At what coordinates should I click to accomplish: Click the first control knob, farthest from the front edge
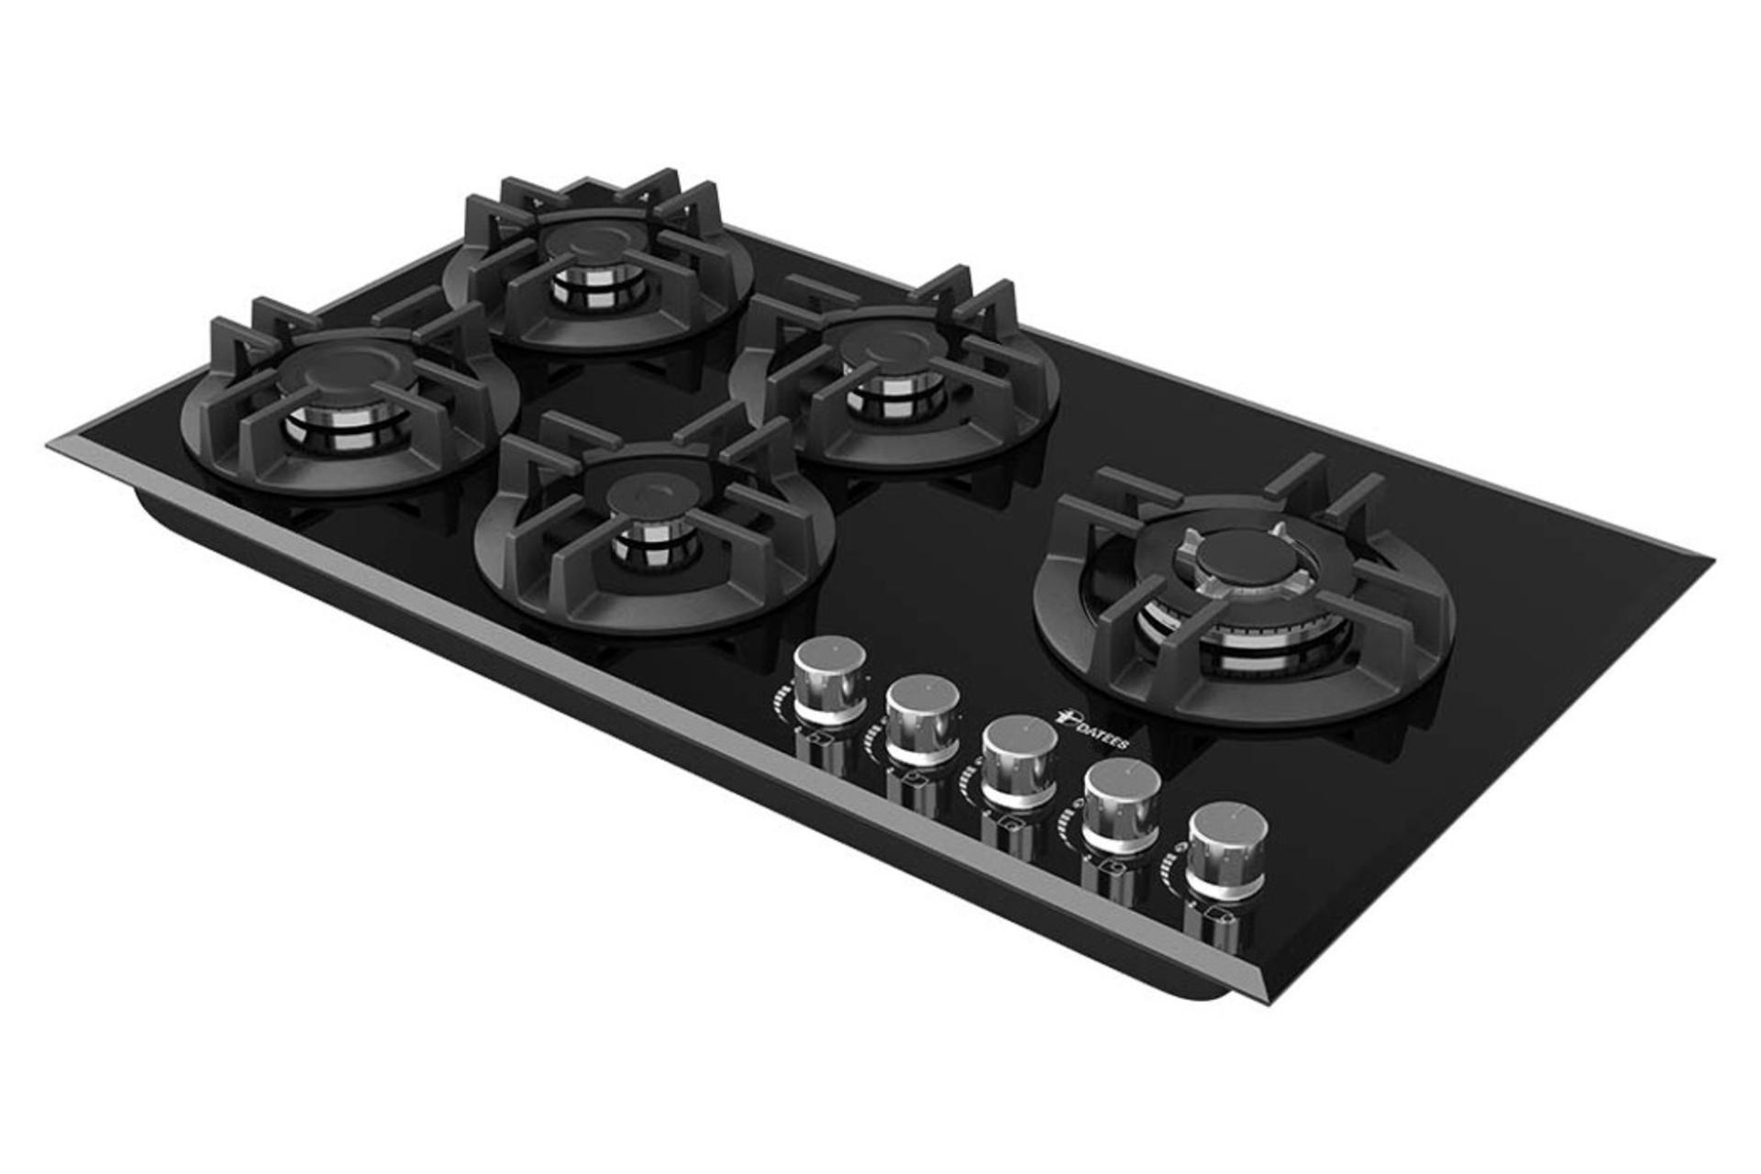(x=829, y=681)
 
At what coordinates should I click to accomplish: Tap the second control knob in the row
(x=923, y=721)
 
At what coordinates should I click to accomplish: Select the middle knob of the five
(x=1019, y=762)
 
